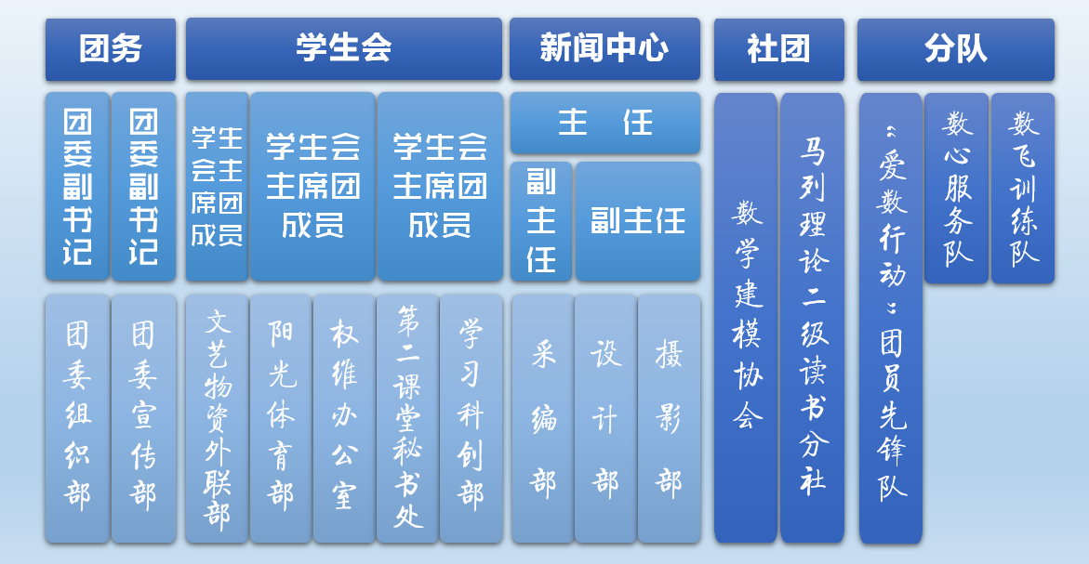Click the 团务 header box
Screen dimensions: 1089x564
click(x=111, y=49)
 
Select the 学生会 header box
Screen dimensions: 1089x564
click(x=344, y=49)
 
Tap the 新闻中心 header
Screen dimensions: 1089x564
click(x=604, y=49)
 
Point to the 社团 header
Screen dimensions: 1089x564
click(x=779, y=49)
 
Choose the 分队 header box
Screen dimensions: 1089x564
click(x=956, y=49)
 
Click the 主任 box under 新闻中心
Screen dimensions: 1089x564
click(x=604, y=123)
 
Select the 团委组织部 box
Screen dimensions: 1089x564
click(x=77, y=418)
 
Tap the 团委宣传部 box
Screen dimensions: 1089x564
click(x=143, y=418)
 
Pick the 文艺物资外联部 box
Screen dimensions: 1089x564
click(x=217, y=418)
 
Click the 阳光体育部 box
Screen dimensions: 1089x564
click(x=281, y=418)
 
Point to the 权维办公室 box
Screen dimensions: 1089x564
click(x=344, y=418)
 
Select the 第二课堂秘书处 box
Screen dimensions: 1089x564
click(x=407, y=418)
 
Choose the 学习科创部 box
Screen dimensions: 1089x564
click(x=471, y=418)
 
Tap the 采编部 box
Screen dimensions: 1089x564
click(x=542, y=418)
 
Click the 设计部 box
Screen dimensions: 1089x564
click(x=605, y=418)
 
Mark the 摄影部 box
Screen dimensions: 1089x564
click(x=669, y=418)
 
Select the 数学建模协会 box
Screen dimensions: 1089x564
click(x=746, y=318)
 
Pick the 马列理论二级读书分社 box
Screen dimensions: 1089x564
click(x=812, y=318)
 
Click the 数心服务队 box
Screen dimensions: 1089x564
click(x=956, y=188)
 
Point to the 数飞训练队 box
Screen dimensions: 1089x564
click(x=1022, y=188)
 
